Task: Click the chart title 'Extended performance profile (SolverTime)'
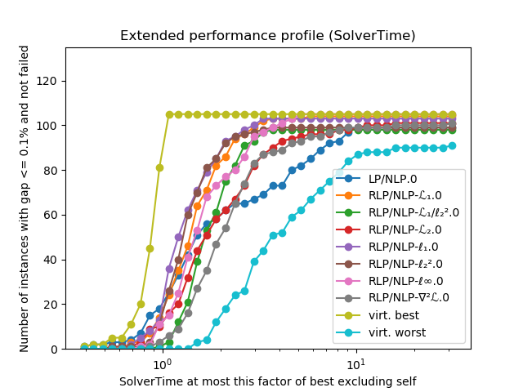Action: pyautogui.click(x=268, y=36)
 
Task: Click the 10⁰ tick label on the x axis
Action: pyautogui.click(x=162, y=362)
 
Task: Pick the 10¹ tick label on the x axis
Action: pyautogui.click(x=355, y=362)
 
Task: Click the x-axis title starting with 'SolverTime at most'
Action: pyautogui.click(x=267, y=381)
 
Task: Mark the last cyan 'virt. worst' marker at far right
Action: pyautogui.click(x=452, y=145)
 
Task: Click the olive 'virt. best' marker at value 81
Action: pyautogui.click(x=159, y=168)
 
